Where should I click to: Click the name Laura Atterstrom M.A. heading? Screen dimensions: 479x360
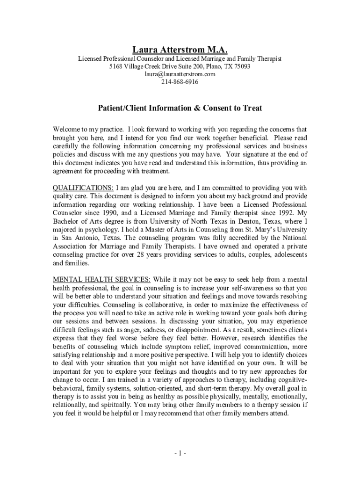pos(180,49)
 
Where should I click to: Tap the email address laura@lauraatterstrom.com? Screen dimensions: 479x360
pos(180,74)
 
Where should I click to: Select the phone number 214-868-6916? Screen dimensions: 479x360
pos(180,82)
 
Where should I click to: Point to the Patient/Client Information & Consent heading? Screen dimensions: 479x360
pos(180,108)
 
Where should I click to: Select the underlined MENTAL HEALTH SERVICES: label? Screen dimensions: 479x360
pos(101,280)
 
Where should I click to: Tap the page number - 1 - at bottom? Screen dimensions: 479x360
pos(180,453)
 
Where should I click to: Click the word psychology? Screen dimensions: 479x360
pos(104,230)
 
